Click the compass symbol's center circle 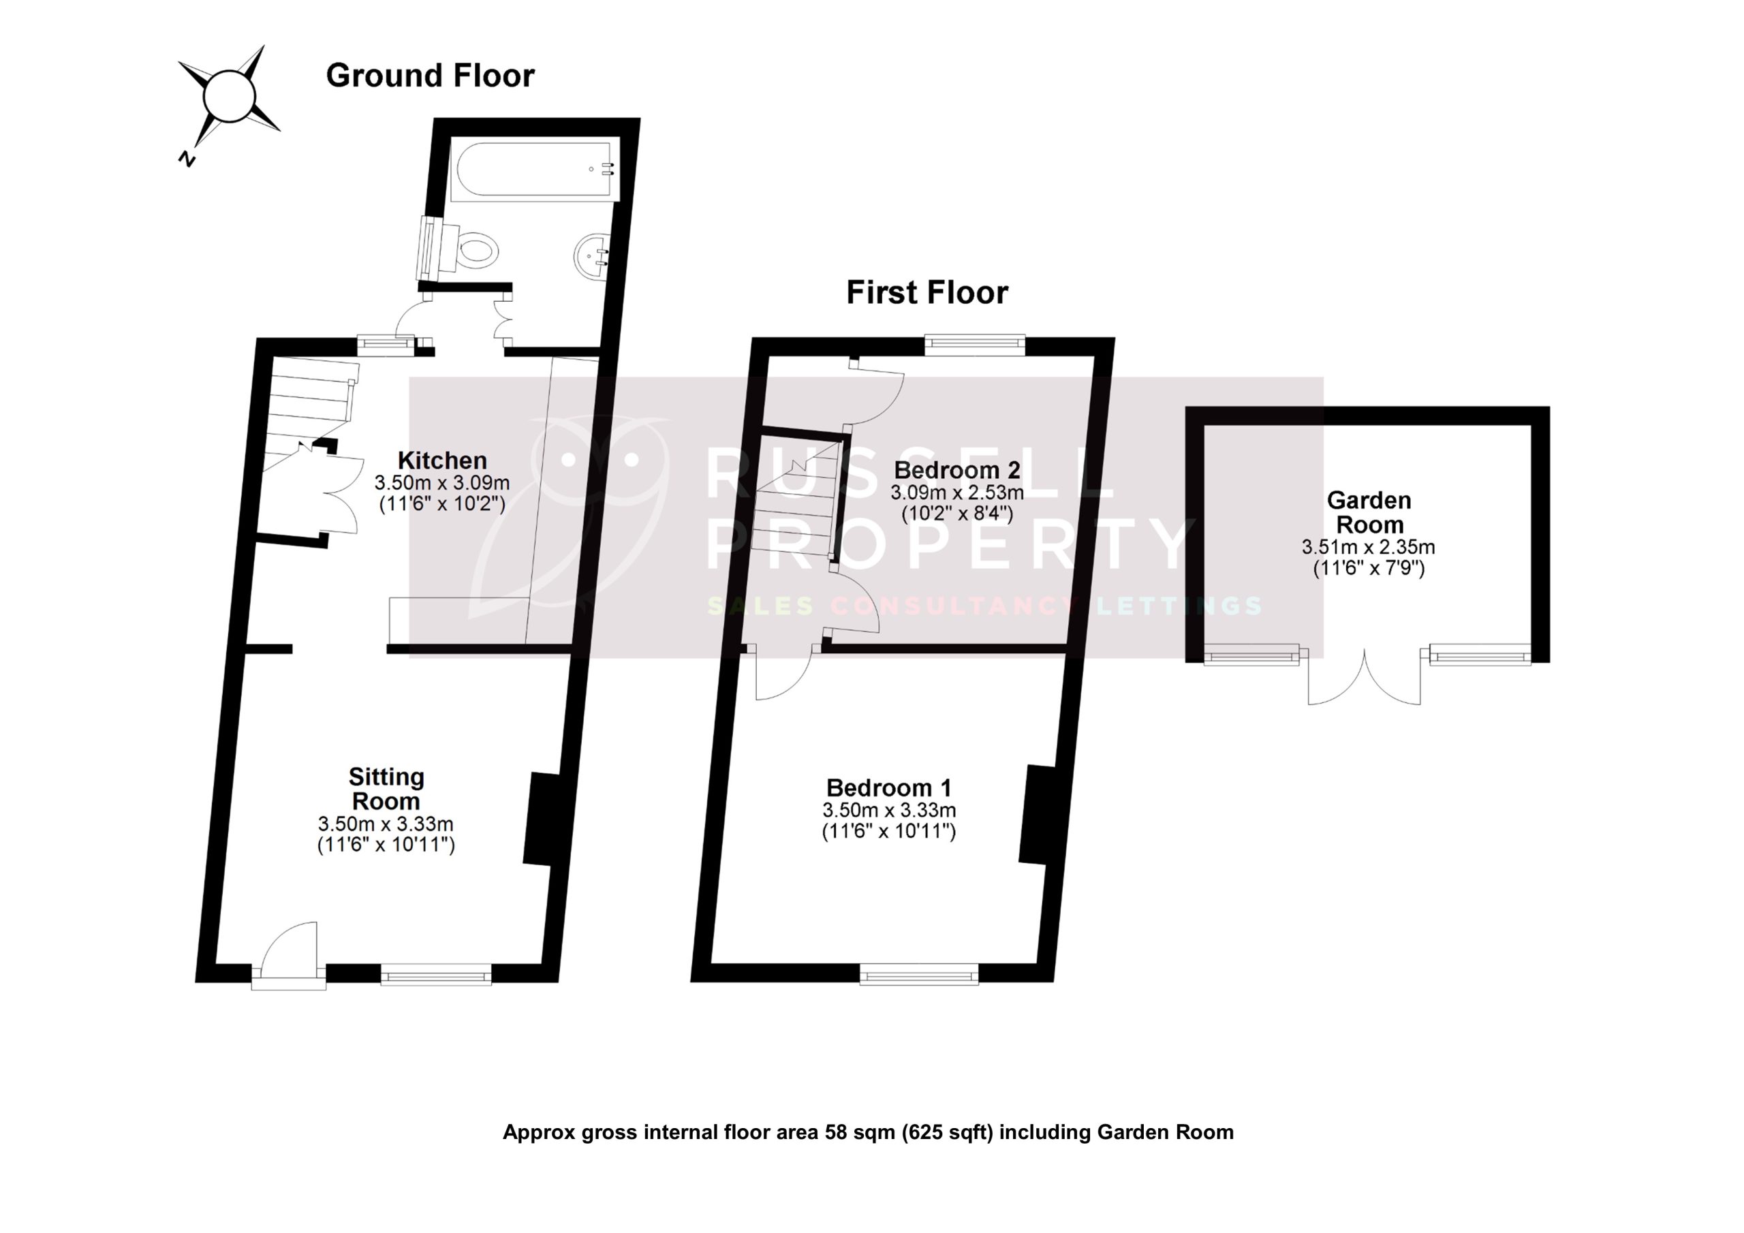click(229, 95)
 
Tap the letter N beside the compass click(186, 158)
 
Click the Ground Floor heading click(430, 75)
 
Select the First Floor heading click(926, 292)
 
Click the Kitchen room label click(442, 461)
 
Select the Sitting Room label click(386, 789)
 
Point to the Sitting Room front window click(436, 976)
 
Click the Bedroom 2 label click(957, 469)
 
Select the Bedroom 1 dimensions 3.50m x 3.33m click(889, 810)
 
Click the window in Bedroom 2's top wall click(975, 345)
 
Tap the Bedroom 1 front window click(919, 976)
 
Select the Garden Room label click(1369, 512)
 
